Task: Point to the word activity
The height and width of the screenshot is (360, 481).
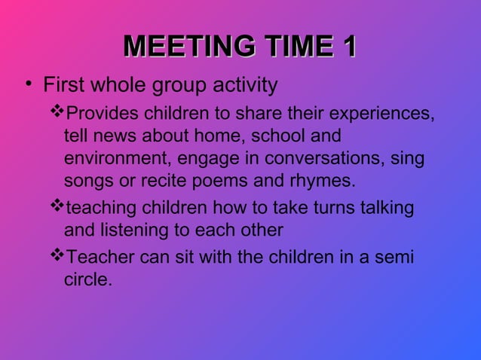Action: click(243, 85)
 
